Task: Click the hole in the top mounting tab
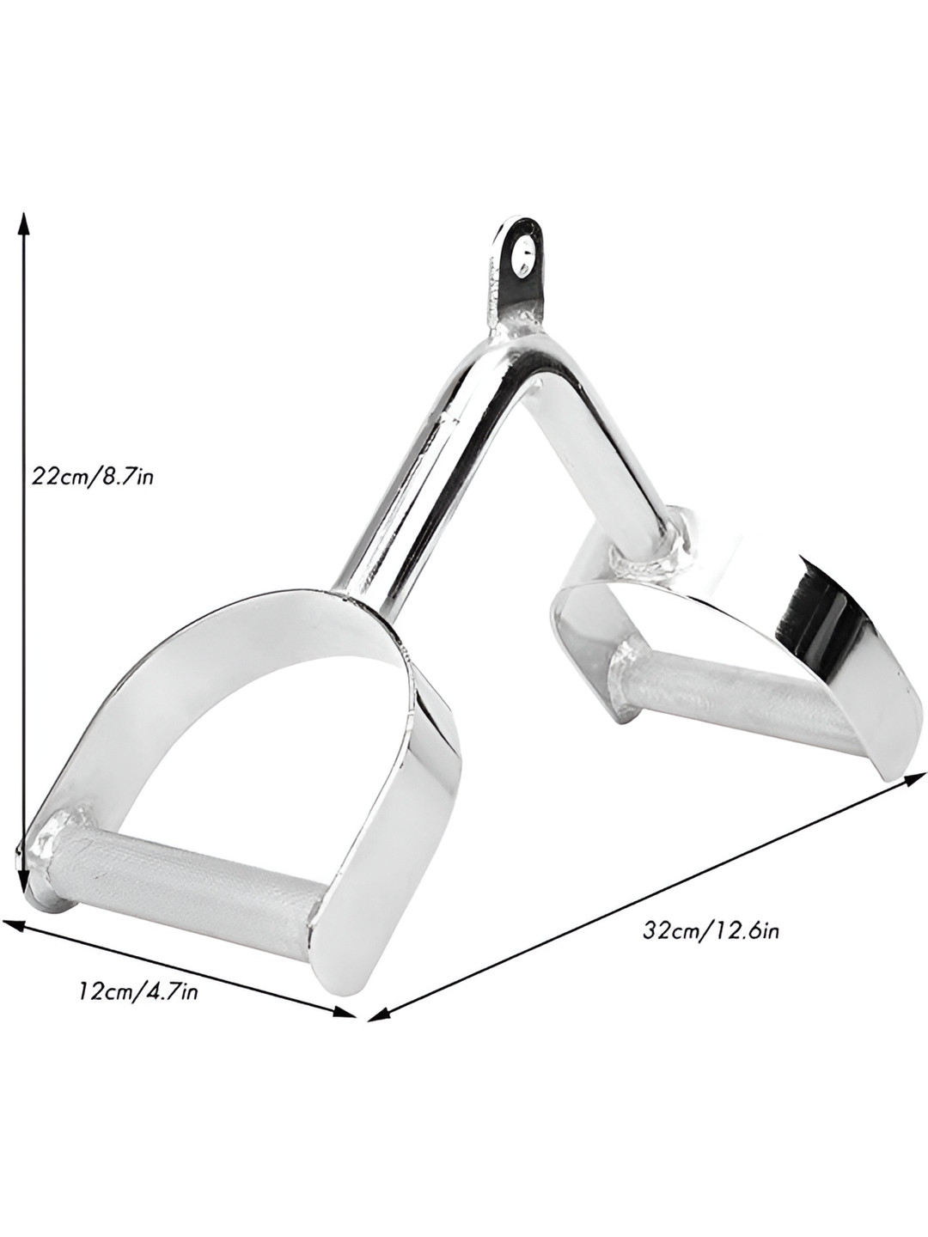point(522,254)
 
